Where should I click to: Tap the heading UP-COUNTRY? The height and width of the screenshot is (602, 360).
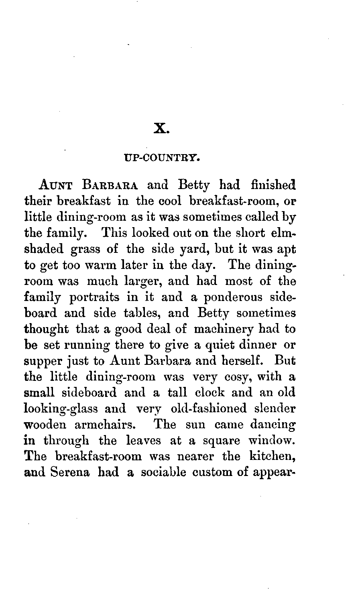(x=161, y=159)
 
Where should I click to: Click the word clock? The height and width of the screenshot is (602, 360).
(x=203, y=393)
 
